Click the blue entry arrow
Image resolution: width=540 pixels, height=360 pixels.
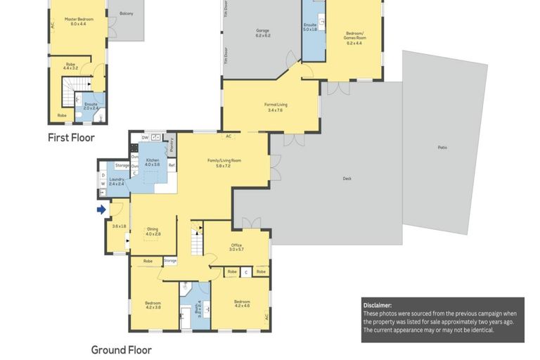tap(101, 209)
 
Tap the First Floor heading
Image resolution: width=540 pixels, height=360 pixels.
tap(71, 138)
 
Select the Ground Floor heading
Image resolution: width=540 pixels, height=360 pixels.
tap(121, 349)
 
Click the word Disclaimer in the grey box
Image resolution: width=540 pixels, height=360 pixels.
tap(378, 305)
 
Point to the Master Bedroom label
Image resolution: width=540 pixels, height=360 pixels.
tap(79, 21)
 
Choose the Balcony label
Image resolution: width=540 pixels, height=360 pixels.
tap(127, 13)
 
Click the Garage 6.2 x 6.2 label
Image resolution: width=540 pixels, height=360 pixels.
tap(263, 32)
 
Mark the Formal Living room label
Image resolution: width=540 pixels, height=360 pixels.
tap(275, 107)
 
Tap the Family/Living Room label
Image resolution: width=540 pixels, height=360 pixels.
tap(224, 162)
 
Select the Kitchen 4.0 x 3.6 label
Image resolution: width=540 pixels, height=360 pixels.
tap(153, 162)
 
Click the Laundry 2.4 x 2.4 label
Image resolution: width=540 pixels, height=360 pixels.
tap(117, 181)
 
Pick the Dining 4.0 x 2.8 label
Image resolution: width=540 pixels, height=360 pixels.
tap(153, 231)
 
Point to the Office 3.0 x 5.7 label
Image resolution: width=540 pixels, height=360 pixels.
tap(236, 247)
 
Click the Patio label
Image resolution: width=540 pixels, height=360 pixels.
tap(442, 147)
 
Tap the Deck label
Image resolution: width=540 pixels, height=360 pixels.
tap(347, 179)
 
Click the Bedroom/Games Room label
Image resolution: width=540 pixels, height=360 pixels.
tap(353, 34)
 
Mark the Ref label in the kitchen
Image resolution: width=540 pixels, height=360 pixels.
tap(171, 165)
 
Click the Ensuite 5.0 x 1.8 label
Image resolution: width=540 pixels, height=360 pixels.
tap(310, 27)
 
